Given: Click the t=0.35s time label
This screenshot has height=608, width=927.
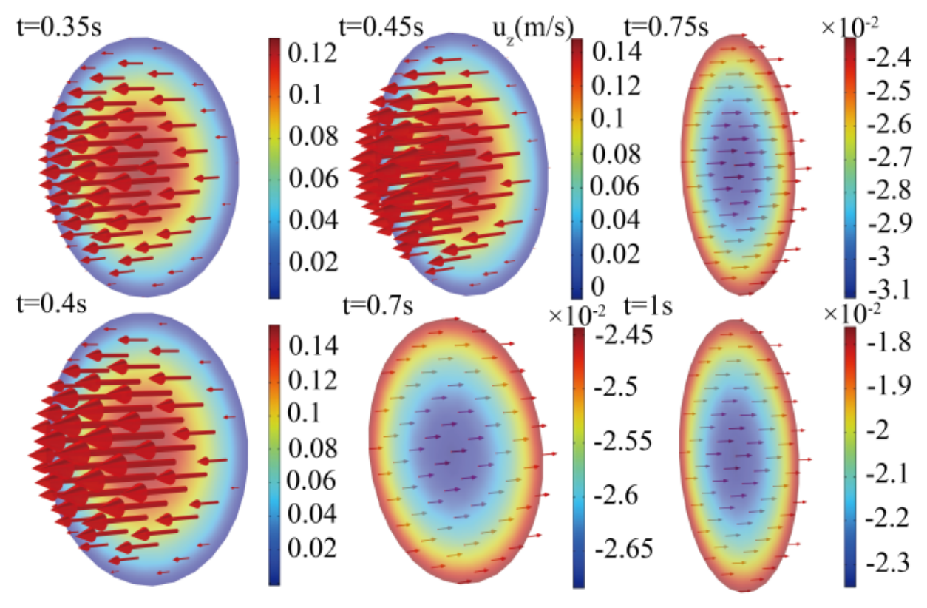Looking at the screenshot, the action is [59, 27].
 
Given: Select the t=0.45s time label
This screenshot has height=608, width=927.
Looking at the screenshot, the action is [381, 27].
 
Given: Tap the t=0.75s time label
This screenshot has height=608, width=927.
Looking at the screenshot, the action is [666, 27].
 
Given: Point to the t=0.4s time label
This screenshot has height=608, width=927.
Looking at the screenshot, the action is [52, 304].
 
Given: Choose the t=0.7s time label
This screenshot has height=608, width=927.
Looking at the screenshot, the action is [378, 306].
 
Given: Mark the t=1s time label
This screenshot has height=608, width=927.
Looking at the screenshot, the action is [648, 306].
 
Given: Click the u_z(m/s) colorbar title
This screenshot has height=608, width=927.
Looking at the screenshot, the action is [534, 30].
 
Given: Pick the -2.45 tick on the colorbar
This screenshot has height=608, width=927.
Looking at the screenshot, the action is [624, 334].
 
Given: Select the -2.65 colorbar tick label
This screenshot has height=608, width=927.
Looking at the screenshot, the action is [624, 549].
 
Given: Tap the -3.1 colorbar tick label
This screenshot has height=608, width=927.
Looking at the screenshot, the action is [889, 289].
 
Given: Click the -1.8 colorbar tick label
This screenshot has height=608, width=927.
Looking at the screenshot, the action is [889, 342].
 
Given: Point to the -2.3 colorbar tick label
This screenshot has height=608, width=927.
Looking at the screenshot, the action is [887, 563].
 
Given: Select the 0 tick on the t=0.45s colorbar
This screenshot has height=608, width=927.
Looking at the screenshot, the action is [597, 286].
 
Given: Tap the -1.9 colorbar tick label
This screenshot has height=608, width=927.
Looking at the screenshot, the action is [889, 385].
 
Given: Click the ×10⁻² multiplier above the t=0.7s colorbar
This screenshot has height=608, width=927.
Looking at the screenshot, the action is [577, 316].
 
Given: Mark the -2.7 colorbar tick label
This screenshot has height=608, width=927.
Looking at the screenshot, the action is [889, 157].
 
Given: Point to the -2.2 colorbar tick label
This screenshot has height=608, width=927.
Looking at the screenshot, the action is [887, 517].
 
